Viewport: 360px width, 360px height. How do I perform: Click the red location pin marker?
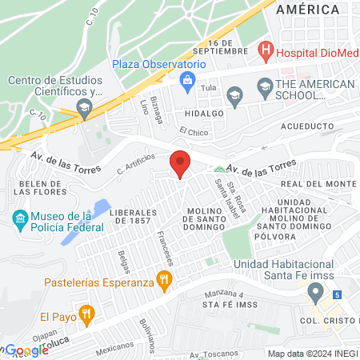(x=180, y=164)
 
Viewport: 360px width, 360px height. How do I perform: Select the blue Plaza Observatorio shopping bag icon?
(x=188, y=79)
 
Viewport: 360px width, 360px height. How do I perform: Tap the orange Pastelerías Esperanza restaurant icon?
(x=165, y=279)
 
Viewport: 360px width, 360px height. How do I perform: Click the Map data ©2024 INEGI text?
(x=312, y=354)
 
